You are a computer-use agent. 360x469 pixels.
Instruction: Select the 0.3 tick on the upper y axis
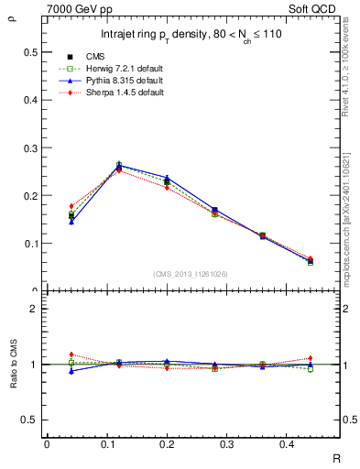point(31,147)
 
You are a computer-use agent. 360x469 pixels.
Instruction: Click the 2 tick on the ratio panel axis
point(35,309)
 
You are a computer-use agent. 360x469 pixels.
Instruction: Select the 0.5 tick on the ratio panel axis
point(31,420)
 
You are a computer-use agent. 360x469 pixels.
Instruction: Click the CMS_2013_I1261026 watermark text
point(191,274)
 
